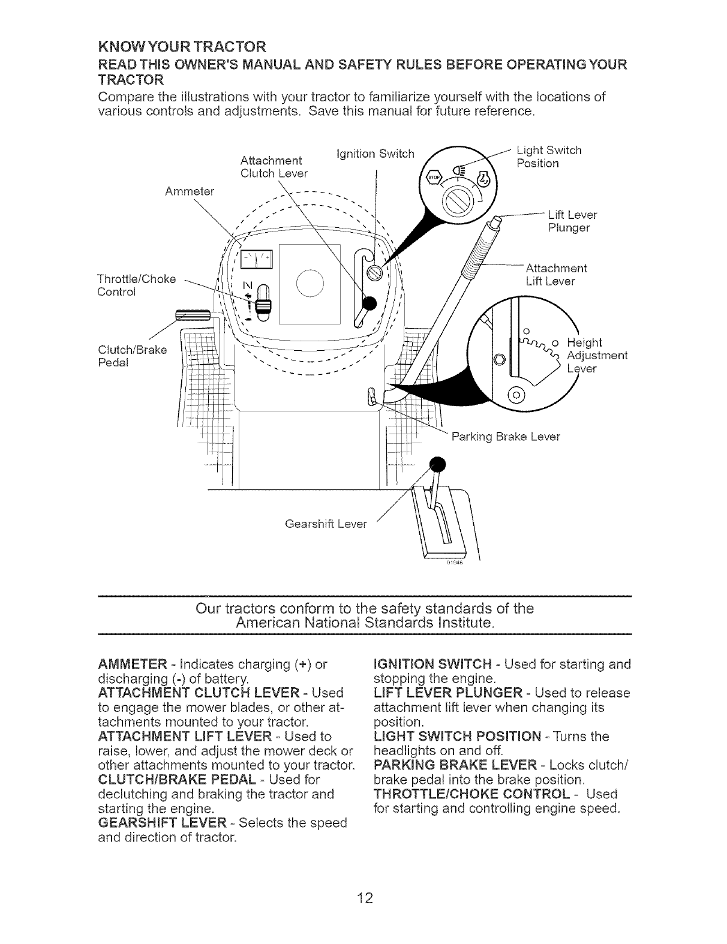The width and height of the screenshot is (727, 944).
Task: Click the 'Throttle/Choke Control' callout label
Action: (x=136, y=285)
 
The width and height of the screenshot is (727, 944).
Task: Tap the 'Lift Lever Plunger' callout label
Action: (x=572, y=221)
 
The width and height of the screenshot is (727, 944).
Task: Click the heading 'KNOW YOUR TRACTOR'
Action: (x=182, y=46)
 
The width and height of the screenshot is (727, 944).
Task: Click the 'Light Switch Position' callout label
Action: (x=548, y=157)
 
